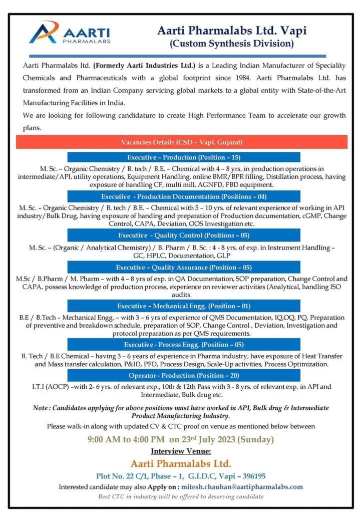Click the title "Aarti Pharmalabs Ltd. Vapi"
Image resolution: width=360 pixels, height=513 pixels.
[x=232, y=31]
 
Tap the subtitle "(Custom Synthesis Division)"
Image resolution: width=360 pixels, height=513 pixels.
[x=231, y=44]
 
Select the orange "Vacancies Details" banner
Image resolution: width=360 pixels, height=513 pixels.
[x=181, y=142]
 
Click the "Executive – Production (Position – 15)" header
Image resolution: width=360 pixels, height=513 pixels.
[x=184, y=157]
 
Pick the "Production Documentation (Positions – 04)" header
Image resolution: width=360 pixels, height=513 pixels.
[x=184, y=196]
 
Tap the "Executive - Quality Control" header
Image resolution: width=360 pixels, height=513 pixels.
[x=184, y=235]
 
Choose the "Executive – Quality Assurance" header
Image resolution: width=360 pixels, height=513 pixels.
[x=184, y=267]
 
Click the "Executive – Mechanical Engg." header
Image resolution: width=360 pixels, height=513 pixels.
[x=184, y=306]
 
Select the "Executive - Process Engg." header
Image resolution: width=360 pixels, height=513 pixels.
[x=184, y=345]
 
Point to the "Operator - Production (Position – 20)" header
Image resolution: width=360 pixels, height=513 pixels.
[x=184, y=376]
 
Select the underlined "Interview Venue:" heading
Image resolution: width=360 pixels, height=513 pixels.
[x=181, y=451]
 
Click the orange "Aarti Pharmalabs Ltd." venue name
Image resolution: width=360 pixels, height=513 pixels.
[x=181, y=463]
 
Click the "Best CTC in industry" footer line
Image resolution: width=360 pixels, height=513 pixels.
[x=181, y=496]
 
